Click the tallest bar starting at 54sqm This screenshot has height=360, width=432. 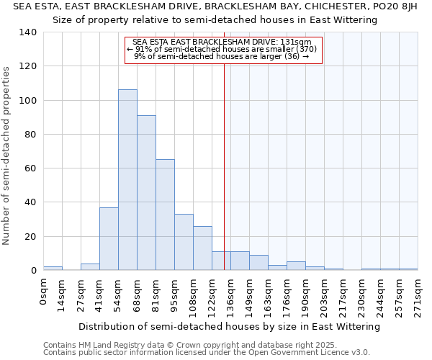pyautogui.click(x=127, y=180)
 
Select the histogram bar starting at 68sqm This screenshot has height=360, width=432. pyautogui.click(x=146, y=193)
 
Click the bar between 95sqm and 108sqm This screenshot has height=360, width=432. pyautogui.click(x=184, y=242)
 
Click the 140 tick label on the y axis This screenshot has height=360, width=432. pyautogui.click(x=28, y=32)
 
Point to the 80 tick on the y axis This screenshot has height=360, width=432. pyautogui.click(x=31, y=135)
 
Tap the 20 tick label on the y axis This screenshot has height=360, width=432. pyautogui.click(x=31, y=237)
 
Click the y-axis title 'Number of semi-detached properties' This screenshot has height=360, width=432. pyautogui.click(x=6, y=155)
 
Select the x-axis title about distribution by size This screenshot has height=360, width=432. pyautogui.click(x=229, y=326)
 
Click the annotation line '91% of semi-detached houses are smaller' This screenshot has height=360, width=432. pyautogui.click(x=222, y=49)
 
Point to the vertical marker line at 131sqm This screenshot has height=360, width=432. pyautogui.click(x=224, y=180)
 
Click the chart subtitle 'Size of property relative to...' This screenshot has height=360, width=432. pyautogui.click(x=215, y=19)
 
